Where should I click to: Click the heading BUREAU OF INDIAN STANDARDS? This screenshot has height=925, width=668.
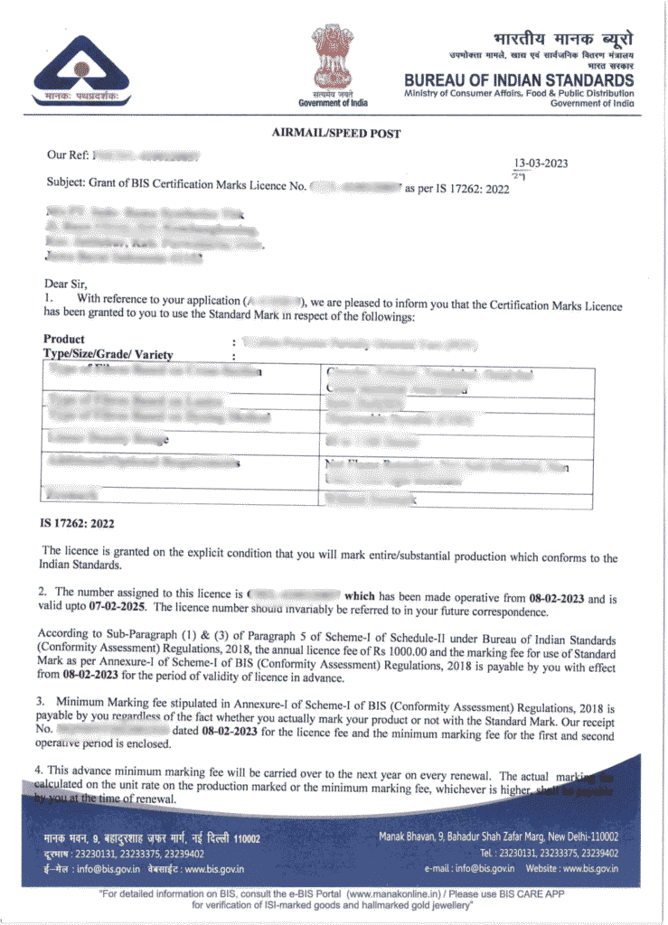point(519,80)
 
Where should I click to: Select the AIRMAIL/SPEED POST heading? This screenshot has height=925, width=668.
point(335,134)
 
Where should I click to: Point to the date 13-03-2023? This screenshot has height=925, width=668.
point(541,164)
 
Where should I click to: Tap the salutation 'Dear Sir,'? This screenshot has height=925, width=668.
point(69,284)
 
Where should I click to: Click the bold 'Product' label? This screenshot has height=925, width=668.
point(63,340)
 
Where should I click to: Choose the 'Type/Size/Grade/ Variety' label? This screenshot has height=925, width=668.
point(108,354)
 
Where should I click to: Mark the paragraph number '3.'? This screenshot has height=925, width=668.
point(41,700)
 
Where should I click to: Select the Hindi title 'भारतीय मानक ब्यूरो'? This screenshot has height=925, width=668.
point(563,40)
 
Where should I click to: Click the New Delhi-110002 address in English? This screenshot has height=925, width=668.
point(498,836)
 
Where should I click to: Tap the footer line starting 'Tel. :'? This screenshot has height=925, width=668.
point(549,853)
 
